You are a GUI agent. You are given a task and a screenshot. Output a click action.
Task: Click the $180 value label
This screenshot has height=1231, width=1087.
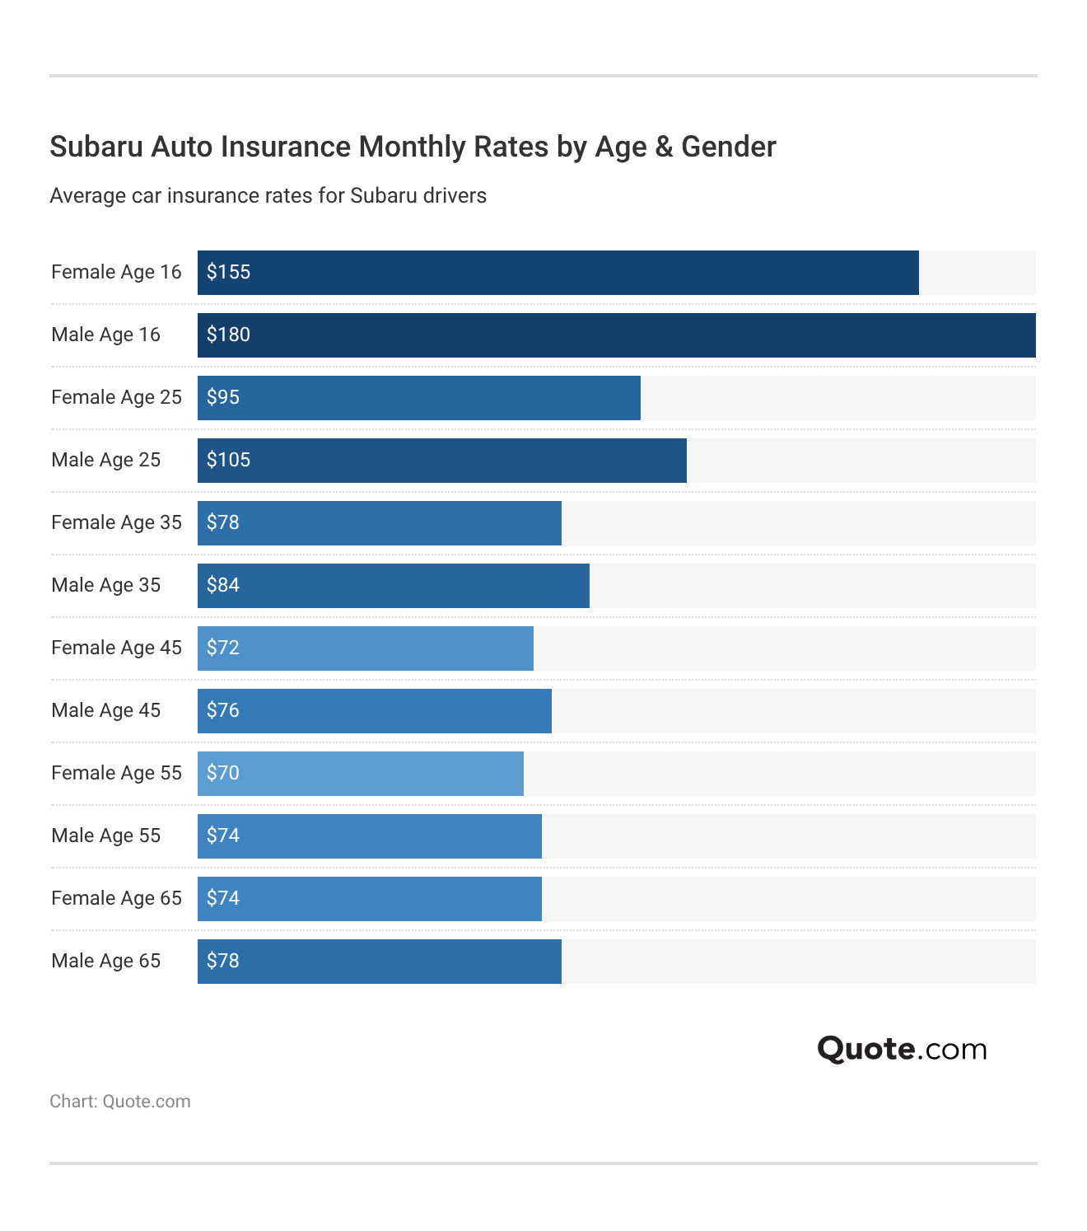[x=228, y=335]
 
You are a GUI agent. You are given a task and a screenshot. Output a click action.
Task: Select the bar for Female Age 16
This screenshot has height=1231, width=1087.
[x=557, y=273]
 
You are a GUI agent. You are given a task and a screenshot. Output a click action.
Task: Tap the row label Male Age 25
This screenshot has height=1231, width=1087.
[x=105, y=460]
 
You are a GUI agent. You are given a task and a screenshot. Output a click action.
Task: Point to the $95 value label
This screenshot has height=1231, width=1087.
[x=223, y=397]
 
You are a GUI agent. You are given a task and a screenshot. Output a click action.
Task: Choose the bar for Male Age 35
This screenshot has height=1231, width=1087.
[x=393, y=586]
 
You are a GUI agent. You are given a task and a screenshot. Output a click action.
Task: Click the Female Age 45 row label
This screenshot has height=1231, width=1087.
[x=116, y=648]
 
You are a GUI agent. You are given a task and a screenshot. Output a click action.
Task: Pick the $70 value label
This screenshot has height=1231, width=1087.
[x=223, y=773]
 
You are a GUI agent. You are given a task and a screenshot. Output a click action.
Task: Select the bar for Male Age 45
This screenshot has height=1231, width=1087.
[x=374, y=711]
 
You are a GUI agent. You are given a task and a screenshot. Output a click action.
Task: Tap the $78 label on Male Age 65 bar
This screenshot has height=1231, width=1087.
[x=223, y=961]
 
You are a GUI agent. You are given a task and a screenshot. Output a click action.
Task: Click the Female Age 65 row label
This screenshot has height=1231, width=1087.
[x=116, y=898]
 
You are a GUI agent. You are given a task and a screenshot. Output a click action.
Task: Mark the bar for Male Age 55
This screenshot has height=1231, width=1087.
[x=369, y=836]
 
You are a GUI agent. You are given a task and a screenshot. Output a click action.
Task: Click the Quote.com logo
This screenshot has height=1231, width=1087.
[x=902, y=1049]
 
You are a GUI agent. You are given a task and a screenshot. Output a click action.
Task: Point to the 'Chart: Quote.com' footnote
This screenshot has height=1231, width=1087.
[x=120, y=1102]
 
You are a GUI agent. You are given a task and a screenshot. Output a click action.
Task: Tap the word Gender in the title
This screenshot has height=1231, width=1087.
[x=728, y=147]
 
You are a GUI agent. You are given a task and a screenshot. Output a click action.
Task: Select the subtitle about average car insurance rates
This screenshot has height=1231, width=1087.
[x=268, y=196]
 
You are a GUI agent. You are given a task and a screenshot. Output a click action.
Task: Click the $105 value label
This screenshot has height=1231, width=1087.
[x=228, y=460]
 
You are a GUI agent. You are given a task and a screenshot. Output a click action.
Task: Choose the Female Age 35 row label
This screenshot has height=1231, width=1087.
[x=116, y=522]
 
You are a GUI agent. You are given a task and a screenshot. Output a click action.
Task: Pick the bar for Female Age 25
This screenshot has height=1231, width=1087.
[x=418, y=398]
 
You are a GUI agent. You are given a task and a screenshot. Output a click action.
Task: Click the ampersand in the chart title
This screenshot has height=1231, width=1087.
[x=664, y=147]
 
